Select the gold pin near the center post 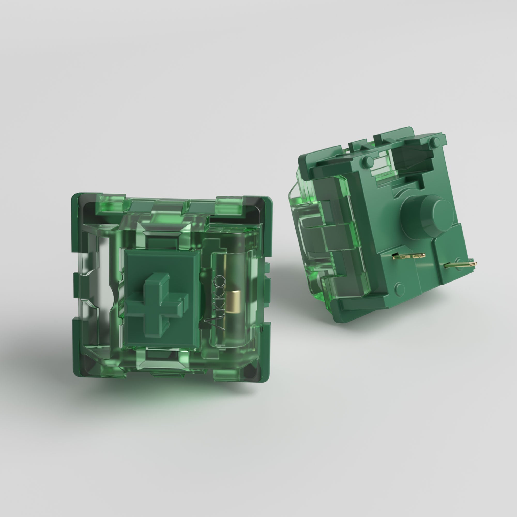point(409,256)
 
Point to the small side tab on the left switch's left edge point(76,285)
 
